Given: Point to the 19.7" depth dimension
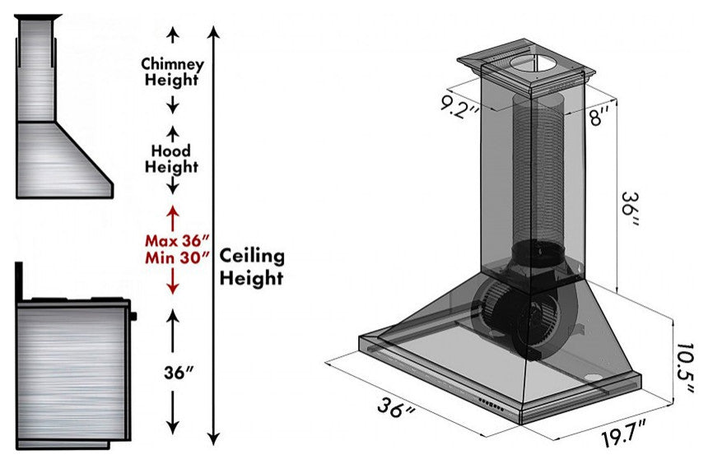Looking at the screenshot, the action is coord(624,434).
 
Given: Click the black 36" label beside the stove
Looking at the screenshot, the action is coord(179,373).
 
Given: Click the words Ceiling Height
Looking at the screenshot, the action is coord(252,267).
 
